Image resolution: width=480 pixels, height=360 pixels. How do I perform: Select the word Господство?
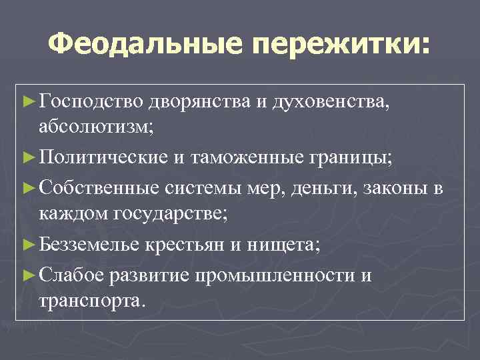coord(91,101)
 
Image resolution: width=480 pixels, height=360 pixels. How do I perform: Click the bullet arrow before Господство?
coord(28,101)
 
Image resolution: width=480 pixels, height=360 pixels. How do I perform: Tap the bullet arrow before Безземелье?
coord(28,245)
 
